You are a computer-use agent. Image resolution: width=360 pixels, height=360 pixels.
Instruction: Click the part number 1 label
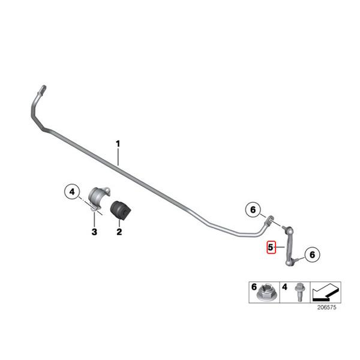[x=118, y=143]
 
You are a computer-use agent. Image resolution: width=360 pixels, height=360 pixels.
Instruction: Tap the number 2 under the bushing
[x=119, y=232]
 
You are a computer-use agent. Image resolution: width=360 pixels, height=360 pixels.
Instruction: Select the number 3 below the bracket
[x=94, y=232]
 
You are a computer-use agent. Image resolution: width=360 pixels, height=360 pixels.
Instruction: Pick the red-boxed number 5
[x=271, y=247]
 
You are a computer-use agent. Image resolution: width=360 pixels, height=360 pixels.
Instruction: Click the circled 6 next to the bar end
[x=253, y=210]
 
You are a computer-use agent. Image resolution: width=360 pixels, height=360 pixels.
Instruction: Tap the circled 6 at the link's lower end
[x=311, y=255]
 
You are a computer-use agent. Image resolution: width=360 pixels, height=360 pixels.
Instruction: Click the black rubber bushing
[x=124, y=210]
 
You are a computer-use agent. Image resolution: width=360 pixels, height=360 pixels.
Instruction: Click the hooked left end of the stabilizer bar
[x=40, y=93]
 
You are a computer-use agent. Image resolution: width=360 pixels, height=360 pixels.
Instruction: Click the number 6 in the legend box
[x=253, y=287]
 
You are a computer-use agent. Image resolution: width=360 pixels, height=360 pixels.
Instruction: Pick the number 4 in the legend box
[x=284, y=287]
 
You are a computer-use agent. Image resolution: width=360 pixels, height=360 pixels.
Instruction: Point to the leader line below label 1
[x=119, y=157]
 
